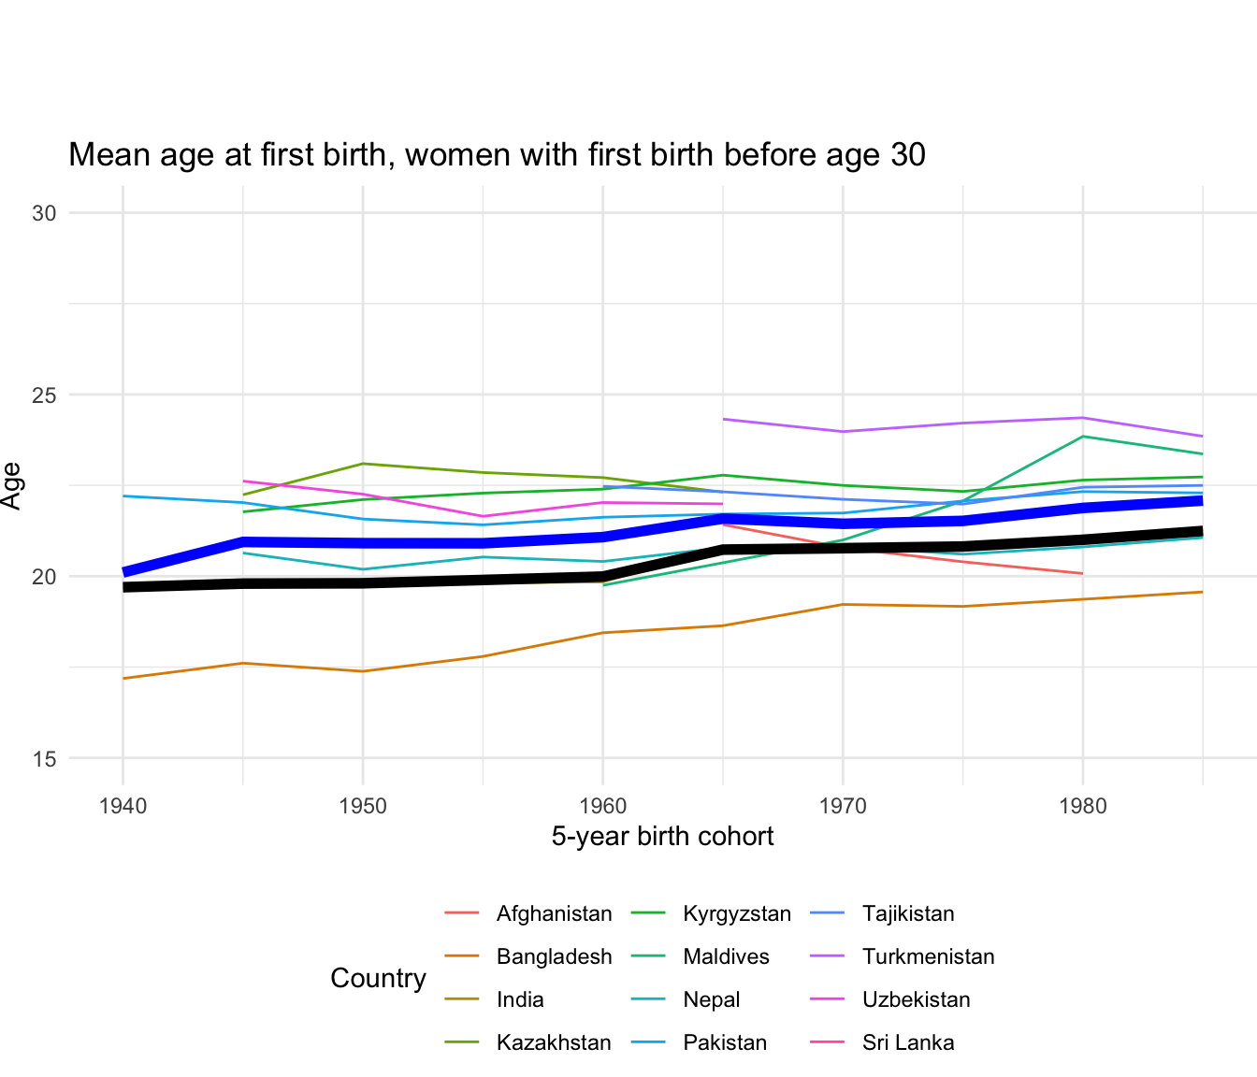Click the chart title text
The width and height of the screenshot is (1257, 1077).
[x=497, y=155]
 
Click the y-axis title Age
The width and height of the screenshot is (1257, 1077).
[x=11, y=485]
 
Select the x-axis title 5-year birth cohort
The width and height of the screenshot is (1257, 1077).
[x=662, y=836]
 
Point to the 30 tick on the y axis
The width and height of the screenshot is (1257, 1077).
[x=44, y=213]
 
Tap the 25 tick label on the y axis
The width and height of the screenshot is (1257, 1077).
[x=44, y=395]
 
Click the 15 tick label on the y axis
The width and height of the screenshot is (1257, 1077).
[x=44, y=759]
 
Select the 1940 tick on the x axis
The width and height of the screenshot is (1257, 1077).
[x=123, y=804]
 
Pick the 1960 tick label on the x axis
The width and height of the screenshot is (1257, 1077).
[x=602, y=804]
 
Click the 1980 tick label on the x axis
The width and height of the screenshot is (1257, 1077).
[x=1083, y=804]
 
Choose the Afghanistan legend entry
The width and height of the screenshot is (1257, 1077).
[x=554, y=914]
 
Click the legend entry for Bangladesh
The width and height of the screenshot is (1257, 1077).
[x=554, y=957]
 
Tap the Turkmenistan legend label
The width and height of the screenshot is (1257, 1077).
[x=928, y=957]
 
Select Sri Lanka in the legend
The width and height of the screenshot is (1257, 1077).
[x=908, y=1043]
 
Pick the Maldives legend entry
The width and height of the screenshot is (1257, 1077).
[x=726, y=957]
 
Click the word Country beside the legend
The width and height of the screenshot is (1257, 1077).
[x=378, y=979]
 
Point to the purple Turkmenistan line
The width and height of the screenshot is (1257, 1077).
[x=963, y=424]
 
